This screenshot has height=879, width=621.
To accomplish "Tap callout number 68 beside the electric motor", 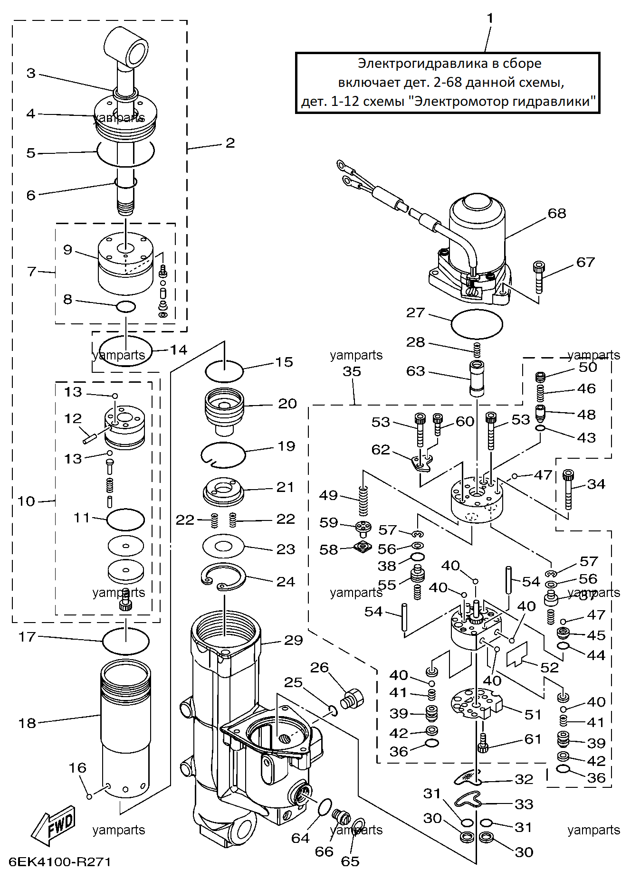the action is click(x=557, y=213).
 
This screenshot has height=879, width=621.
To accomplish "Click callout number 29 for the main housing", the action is click(x=293, y=640).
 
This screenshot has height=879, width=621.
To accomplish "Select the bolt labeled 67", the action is click(x=538, y=277).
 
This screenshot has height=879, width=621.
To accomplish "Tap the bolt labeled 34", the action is click(x=568, y=489).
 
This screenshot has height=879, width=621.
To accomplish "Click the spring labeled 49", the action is click(x=363, y=501).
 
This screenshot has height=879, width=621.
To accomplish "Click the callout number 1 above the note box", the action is click(x=490, y=19).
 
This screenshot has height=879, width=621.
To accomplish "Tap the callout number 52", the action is click(x=549, y=667).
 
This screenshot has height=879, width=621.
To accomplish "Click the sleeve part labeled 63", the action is click(x=477, y=378).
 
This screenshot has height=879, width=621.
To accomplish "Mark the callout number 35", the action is click(x=352, y=371).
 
